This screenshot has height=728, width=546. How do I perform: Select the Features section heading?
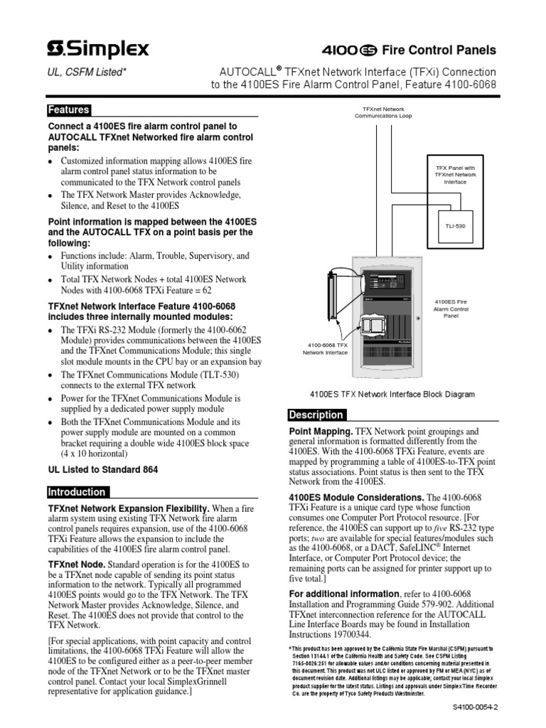[x=68, y=110]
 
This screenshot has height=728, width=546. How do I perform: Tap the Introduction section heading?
[x=77, y=492]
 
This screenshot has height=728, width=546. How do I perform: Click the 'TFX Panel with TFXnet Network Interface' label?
[x=455, y=174]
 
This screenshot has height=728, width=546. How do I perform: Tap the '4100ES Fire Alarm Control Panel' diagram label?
[x=451, y=309]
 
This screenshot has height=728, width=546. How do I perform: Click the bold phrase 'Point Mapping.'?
[x=319, y=432]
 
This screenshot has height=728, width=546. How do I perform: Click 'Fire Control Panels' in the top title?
[x=449, y=50]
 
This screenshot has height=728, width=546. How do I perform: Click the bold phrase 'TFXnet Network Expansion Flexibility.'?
[x=129, y=509]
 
